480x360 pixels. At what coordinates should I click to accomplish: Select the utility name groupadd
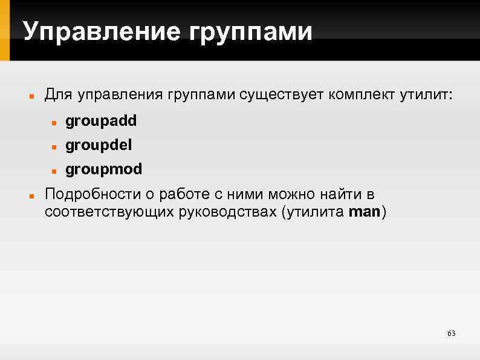(101, 122)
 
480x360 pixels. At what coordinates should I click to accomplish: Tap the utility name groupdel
(99, 146)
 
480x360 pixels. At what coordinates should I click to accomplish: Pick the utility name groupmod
(104, 170)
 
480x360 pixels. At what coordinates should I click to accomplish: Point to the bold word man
(363, 212)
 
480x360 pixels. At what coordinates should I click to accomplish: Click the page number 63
(450, 334)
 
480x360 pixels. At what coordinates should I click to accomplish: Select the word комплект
(361, 95)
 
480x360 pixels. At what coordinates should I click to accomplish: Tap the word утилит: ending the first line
(426, 95)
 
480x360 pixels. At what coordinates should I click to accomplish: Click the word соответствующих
(108, 212)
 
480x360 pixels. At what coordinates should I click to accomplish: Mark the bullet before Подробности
(31, 197)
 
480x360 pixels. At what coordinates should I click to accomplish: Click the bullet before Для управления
(31, 96)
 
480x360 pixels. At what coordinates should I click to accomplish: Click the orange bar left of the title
(5, 30)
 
